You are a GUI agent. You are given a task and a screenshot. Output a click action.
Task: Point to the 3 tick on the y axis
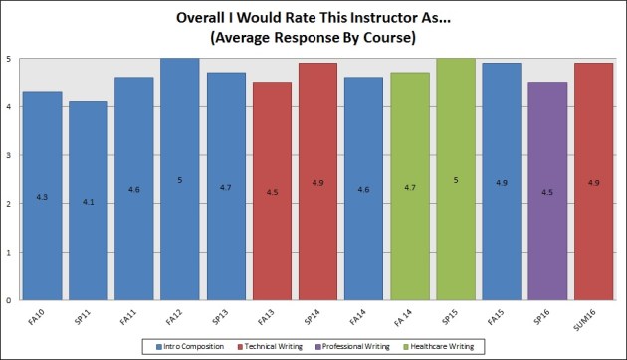tap(10, 155)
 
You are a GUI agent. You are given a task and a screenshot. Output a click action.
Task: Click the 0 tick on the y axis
tap(10, 300)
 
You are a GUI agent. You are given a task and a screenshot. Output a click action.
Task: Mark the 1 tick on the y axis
tap(10, 253)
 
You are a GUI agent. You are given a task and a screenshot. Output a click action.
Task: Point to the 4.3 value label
tap(43, 197)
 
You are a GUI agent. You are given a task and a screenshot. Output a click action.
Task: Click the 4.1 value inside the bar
tap(90, 202)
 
